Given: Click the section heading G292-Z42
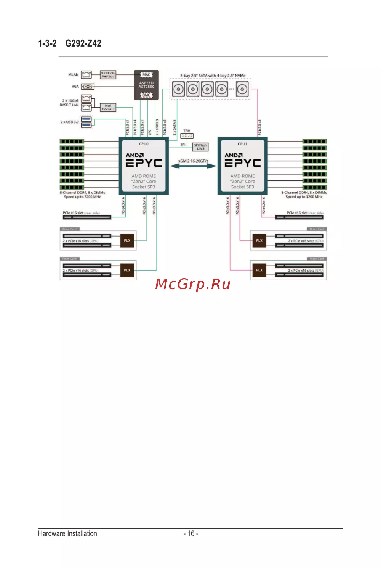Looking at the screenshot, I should point(83,43).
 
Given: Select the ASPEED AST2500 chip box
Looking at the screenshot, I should point(146,85).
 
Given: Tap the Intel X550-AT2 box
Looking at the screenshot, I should point(108,108).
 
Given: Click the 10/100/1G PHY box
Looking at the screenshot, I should point(108,75).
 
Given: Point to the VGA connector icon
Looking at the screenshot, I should point(88,87).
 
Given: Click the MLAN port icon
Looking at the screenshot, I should point(86,75).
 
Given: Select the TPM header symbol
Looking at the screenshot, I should point(187,136).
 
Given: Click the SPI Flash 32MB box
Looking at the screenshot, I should point(200,147).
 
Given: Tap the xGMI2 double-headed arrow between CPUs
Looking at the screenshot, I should point(193,166).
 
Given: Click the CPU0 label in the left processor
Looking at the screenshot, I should point(144,144).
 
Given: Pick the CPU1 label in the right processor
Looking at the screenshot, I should point(242,144).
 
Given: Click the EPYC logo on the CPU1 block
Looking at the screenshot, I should point(243,163).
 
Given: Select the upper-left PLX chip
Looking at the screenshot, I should point(127,241).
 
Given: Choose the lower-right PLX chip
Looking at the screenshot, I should point(259,270).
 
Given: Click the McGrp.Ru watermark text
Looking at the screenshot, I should point(193,284).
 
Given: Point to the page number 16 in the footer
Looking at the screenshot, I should point(191,533).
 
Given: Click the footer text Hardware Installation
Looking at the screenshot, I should point(67,533).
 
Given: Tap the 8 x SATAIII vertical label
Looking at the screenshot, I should point(175,127).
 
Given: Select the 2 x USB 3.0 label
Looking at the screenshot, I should point(69,122).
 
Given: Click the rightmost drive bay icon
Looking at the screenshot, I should point(242,90).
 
